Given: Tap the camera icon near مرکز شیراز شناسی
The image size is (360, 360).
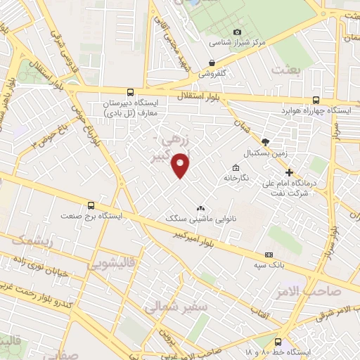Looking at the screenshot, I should (237, 32).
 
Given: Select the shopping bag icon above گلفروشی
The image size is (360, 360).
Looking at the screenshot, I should (212, 61).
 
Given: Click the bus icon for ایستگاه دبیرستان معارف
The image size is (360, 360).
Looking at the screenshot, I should (130, 92).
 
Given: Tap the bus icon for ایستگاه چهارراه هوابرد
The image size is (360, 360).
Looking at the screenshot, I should (316, 100).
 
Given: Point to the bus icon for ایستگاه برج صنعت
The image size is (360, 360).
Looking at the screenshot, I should (90, 206).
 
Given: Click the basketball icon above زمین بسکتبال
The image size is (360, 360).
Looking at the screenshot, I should (265, 141).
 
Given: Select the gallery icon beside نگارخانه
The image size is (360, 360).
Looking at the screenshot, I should (235, 167).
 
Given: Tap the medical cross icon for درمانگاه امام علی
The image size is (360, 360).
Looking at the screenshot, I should (289, 172).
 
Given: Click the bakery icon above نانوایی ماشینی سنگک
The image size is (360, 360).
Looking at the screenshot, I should (201, 208).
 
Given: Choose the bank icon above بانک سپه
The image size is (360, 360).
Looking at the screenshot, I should (269, 255).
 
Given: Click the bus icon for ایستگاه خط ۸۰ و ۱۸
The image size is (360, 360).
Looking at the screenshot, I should (278, 340).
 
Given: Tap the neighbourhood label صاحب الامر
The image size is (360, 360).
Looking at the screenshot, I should (314, 291).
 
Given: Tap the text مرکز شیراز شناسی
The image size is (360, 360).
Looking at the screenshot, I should (263, 42).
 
